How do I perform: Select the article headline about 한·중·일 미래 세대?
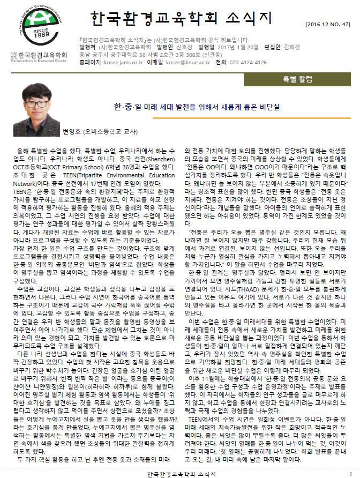coord(212,107)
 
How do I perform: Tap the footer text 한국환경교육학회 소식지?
coord(181,474)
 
